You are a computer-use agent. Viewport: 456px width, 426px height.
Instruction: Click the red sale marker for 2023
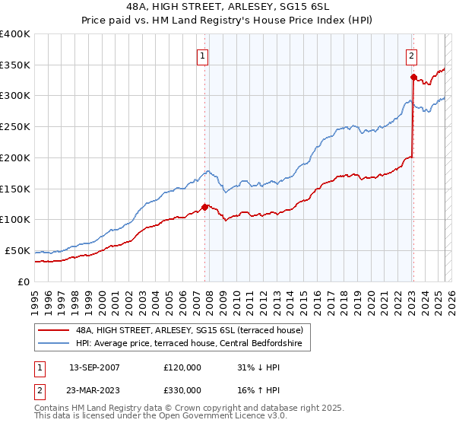click(x=413, y=77)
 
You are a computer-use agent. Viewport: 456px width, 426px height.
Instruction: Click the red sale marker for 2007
click(x=204, y=206)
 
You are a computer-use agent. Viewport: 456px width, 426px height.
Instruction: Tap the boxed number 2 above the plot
click(x=411, y=55)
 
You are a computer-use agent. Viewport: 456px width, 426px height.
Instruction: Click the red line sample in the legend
click(x=54, y=330)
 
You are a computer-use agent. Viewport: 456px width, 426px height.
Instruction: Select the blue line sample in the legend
click(x=54, y=344)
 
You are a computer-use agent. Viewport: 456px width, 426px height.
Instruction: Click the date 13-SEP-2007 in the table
click(x=94, y=367)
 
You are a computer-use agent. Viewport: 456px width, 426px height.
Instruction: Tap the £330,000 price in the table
click(x=182, y=390)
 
